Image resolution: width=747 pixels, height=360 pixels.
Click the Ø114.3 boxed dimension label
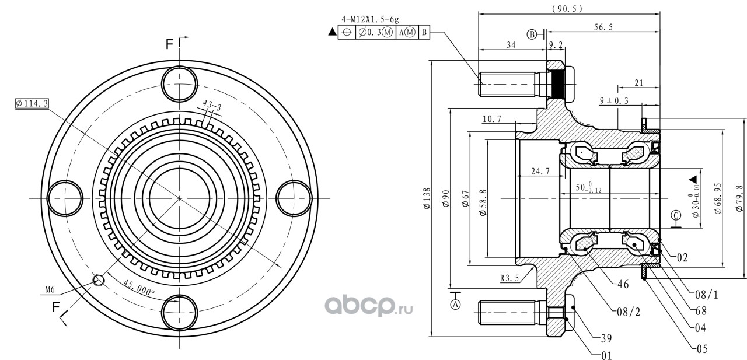click(x=32, y=104)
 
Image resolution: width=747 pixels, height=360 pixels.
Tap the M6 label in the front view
click(x=50, y=289)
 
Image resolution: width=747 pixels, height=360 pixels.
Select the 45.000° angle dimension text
click(x=139, y=288)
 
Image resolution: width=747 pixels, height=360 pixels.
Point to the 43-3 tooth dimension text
click(x=212, y=106)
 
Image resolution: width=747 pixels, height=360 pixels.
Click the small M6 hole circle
click(x=99, y=280)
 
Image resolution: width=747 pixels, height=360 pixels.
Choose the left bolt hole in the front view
click(x=65, y=198)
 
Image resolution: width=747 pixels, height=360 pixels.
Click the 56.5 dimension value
click(x=603, y=27)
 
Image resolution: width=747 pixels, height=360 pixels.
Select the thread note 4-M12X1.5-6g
click(x=370, y=19)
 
